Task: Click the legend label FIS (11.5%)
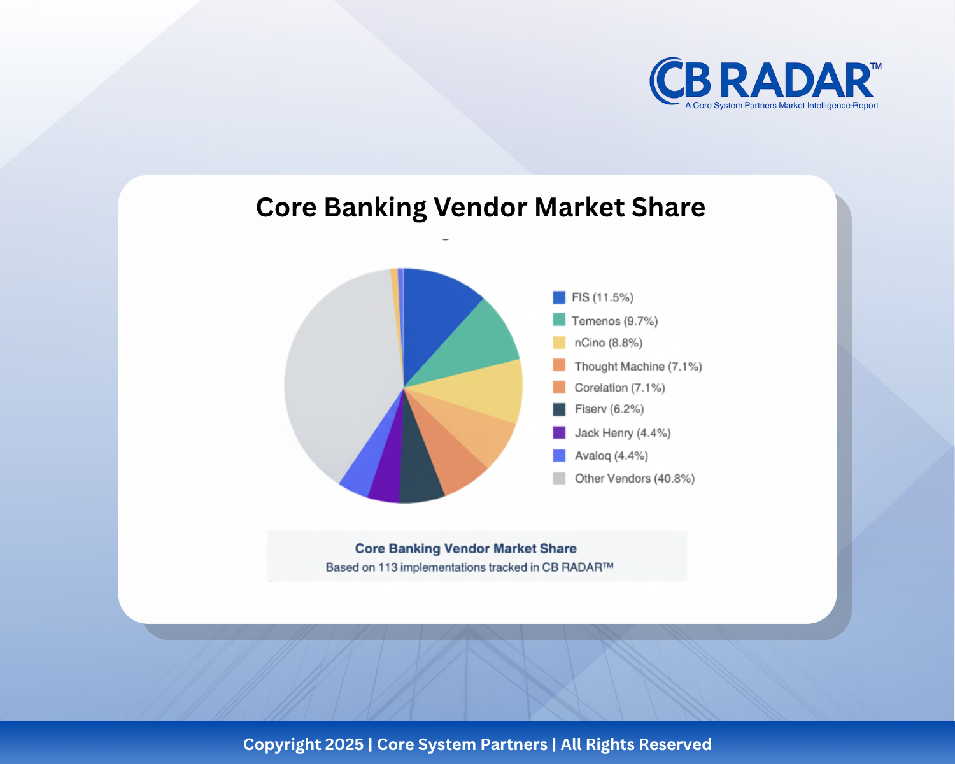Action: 602,297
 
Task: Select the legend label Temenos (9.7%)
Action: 614,321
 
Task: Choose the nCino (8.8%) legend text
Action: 608,343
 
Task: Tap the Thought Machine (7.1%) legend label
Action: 638,366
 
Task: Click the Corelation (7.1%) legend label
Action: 619,388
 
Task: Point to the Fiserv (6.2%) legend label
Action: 609,409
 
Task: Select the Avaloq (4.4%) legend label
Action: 611,456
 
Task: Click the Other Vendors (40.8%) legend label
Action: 634,478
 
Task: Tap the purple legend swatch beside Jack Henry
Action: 560,433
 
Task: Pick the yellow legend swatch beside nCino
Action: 560,343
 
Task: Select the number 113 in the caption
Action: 388,567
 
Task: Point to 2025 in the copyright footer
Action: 344,744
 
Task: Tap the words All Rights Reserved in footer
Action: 635,744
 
